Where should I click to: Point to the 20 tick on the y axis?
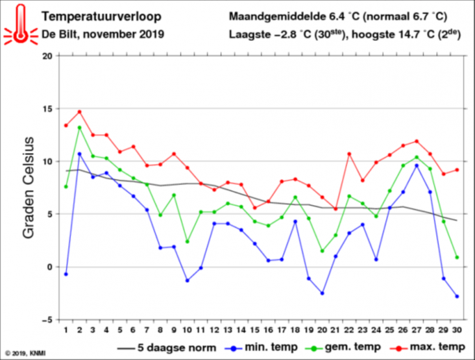(x=47, y=56)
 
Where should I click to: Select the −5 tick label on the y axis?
(x=45, y=320)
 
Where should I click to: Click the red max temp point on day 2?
(x=80, y=112)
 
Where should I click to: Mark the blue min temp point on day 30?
(x=457, y=296)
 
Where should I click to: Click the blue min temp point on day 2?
(x=80, y=154)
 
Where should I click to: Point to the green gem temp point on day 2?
(x=80, y=127)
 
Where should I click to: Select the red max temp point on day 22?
(x=349, y=154)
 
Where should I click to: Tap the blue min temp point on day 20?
(x=322, y=293)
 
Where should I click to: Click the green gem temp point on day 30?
(x=457, y=258)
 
